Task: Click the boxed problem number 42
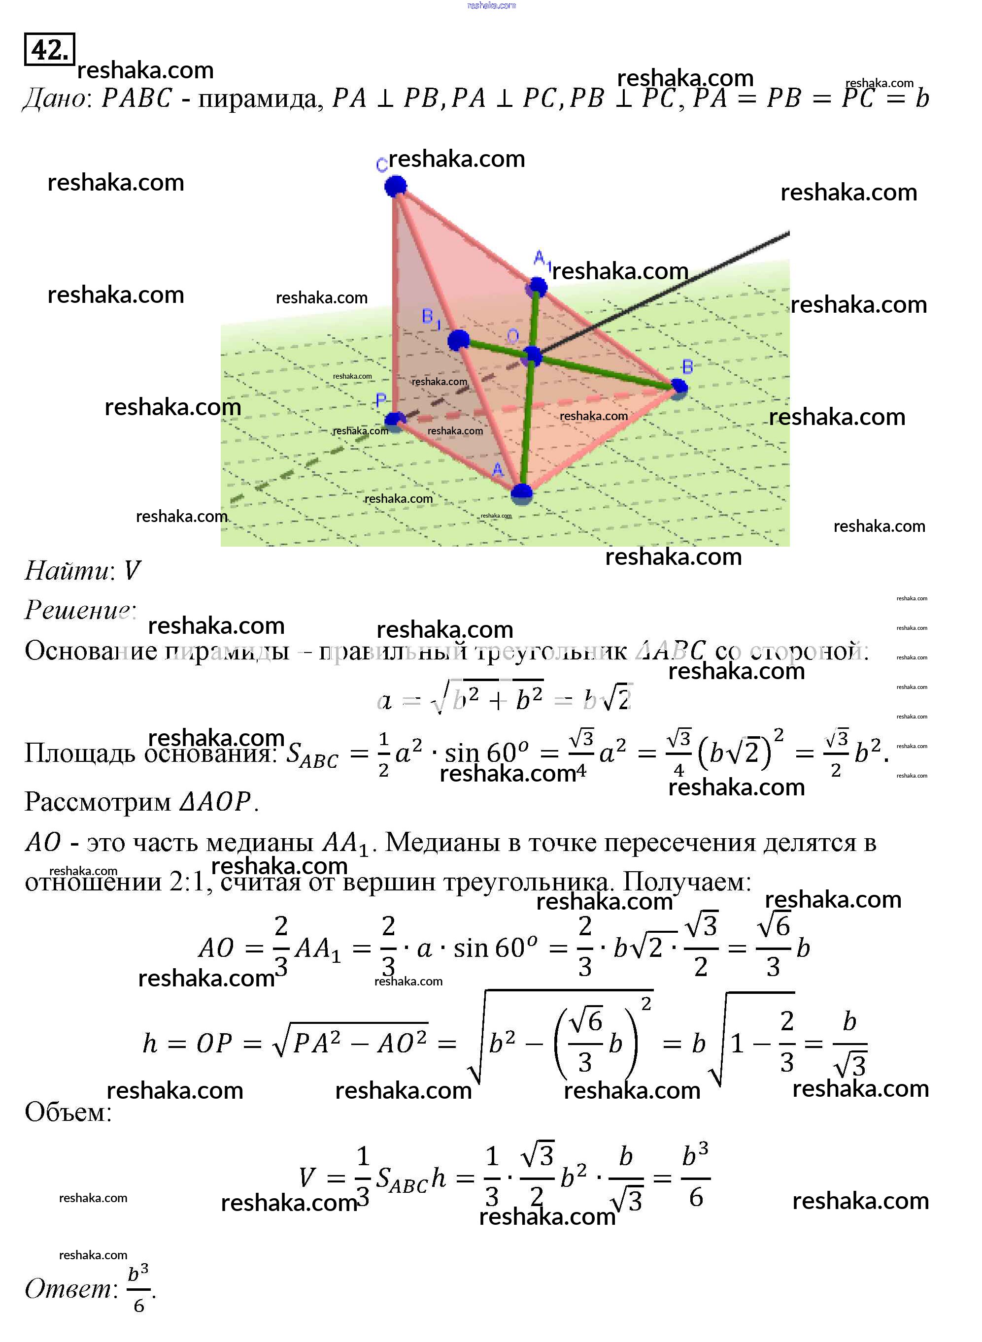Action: (x=49, y=49)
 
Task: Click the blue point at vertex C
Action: (x=395, y=186)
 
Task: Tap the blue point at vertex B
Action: (x=678, y=387)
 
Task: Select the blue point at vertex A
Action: (x=521, y=493)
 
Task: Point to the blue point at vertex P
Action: (x=395, y=421)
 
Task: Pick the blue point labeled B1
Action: (x=458, y=340)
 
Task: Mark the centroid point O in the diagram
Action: (x=532, y=356)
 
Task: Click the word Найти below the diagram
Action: (x=67, y=571)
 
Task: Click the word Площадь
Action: (x=80, y=753)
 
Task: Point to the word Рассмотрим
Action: (x=98, y=801)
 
